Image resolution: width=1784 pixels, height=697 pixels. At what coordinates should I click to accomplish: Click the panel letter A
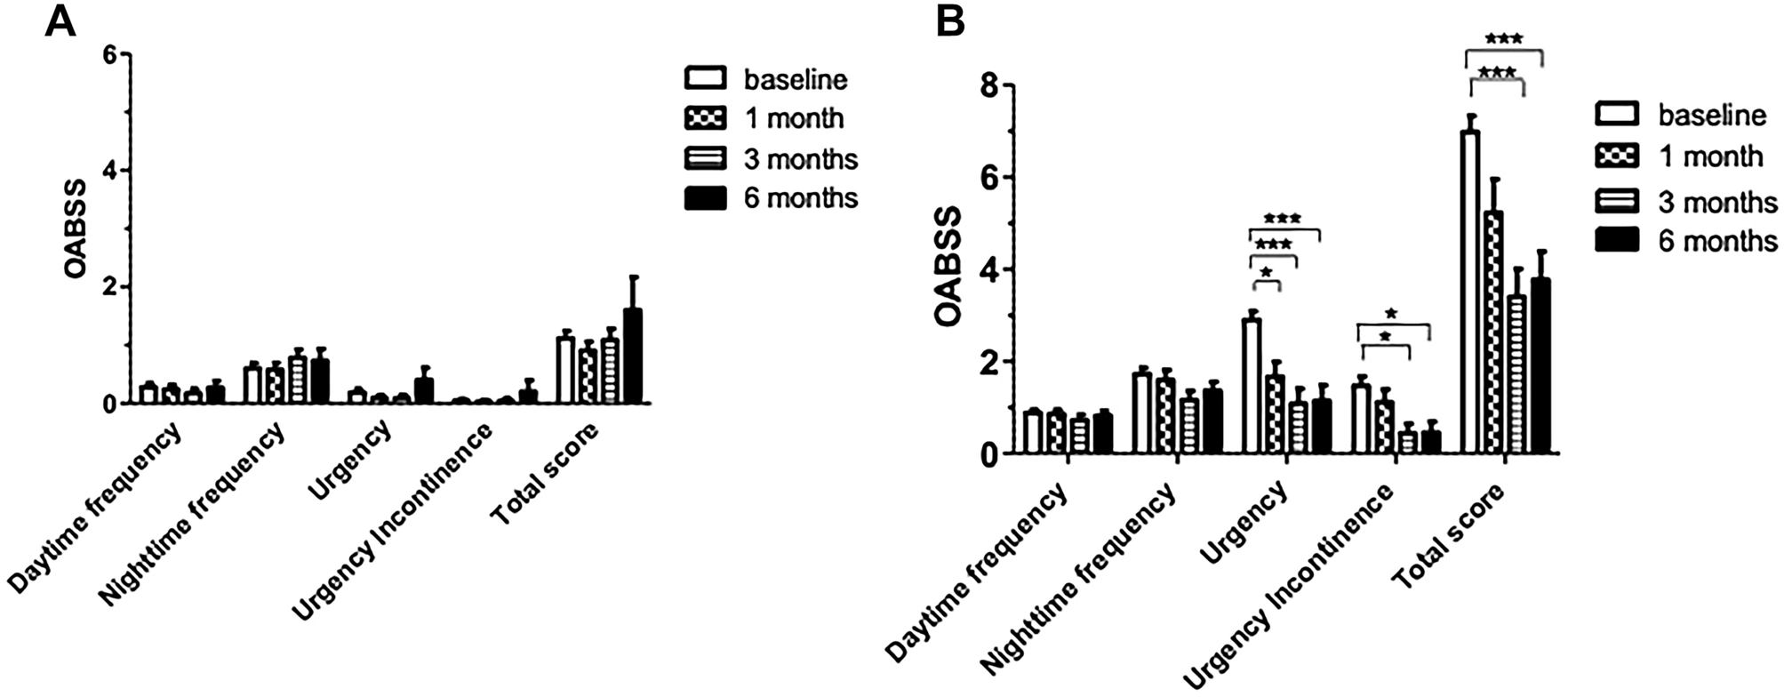pyautogui.click(x=60, y=20)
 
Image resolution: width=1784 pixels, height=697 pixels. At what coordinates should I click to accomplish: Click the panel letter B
pyautogui.click(x=951, y=21)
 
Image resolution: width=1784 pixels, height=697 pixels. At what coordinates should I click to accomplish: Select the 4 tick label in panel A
pyautogui.click(x=109, y=171)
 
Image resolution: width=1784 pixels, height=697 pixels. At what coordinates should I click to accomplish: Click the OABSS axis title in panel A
pyautogui.click(x=76, y=228)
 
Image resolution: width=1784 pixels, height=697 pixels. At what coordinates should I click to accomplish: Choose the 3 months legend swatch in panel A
pyautogui.click(x=705, y=158)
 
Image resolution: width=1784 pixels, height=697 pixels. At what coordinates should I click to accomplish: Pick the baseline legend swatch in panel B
pyautogui.click(x=1618, y=114)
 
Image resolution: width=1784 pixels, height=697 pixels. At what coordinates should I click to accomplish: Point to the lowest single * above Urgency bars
pyautogui.click(x=1266, y=272)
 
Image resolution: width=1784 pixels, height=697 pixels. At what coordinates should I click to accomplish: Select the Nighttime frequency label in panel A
pyautogui.click(x=193, y=515)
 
